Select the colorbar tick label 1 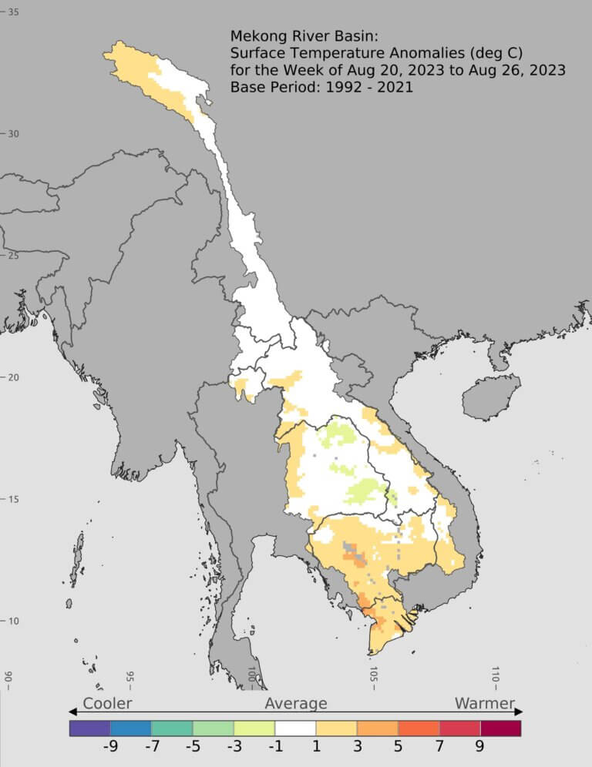[x=317, y=746]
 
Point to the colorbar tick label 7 [x=439, y=746]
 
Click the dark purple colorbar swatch [x=89, y=728]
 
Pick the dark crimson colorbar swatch [x=501, y=728]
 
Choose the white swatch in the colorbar [x=295, y=728]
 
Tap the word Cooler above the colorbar [x=107, y=703]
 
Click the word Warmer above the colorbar [x=484, y=703]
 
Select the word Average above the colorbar [x=296, y=703]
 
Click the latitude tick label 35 [x=14, y=12]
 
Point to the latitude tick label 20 [x=14, y=377]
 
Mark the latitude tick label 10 [x=14, y=621]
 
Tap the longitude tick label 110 [x=496, y=677]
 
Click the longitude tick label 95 [x=130, y=677]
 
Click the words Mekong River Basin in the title [x=301, y=36]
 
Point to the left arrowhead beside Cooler [x=72, y=712]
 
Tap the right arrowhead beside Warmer [x=520, y=712]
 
